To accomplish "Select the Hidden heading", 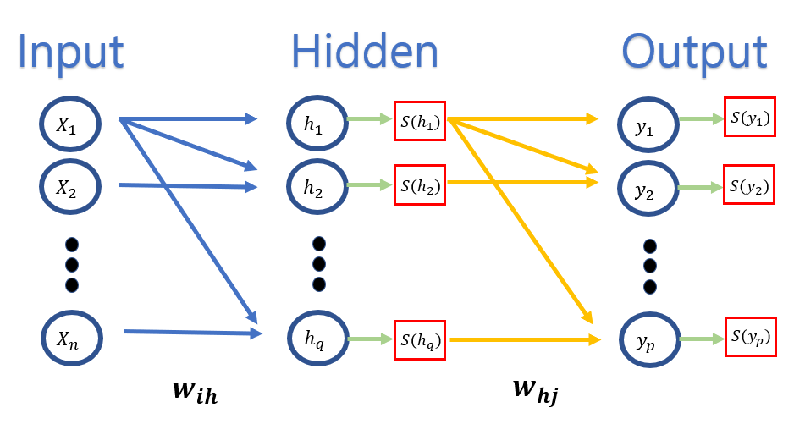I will [365, 51].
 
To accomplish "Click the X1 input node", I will [71, 126].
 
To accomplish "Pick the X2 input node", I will [71, 188].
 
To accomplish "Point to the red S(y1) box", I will [749, 120].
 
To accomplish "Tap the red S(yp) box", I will [749, 339].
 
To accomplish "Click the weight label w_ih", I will [195, 392].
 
